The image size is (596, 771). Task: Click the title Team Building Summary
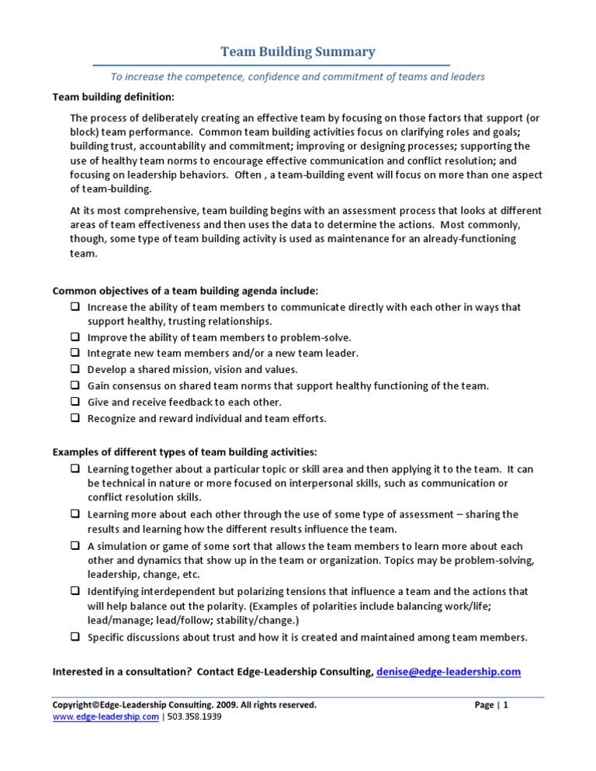298,52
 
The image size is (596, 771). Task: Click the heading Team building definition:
113,97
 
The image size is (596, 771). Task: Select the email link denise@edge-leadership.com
448,671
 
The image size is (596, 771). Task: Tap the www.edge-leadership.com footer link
105,717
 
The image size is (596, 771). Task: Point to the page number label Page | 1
491,705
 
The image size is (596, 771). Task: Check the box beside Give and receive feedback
75,402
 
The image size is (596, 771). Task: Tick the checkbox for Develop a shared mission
75,369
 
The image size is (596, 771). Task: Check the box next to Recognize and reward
75,418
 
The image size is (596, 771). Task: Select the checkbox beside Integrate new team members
75,353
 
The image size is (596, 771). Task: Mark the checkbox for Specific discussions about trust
75,637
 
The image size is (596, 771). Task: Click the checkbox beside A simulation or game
75,546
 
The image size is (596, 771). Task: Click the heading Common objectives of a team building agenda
185,291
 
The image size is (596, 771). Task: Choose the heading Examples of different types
185,452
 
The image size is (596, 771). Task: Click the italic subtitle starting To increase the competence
297,76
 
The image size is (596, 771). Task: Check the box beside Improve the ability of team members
75,337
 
